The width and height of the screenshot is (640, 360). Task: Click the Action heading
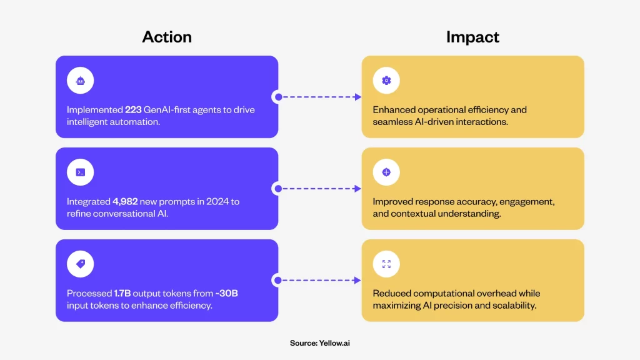tap(167, 37)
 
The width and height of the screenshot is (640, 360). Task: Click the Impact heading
tap(472, 37)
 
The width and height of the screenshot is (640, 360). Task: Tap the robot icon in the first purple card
tap(81, 81)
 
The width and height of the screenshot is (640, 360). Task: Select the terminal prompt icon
tap(81, 172)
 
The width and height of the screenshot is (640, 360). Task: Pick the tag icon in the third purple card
tap(81, 264)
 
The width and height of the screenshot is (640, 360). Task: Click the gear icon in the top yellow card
tap(386, 81)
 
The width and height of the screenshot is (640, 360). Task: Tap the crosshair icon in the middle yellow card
tap(386, 172)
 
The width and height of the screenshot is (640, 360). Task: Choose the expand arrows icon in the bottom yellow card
tap(386, 264)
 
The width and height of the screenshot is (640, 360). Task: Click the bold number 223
tap(133, 110)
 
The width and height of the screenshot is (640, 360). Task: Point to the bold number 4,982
tap(125, 202)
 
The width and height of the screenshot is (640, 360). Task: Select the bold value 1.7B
tap(122, 294)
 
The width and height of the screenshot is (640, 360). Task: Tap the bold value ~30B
tap(226, 294)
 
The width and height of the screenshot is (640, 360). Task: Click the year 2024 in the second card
tap(217, 202)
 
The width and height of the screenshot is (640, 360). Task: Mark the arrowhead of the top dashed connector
tap(358, 97)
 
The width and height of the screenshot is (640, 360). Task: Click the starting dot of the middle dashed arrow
tap(278, 189)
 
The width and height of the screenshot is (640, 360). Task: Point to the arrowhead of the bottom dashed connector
tap(358, 281)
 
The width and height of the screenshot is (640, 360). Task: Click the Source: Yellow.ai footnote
tap(320, 343)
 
